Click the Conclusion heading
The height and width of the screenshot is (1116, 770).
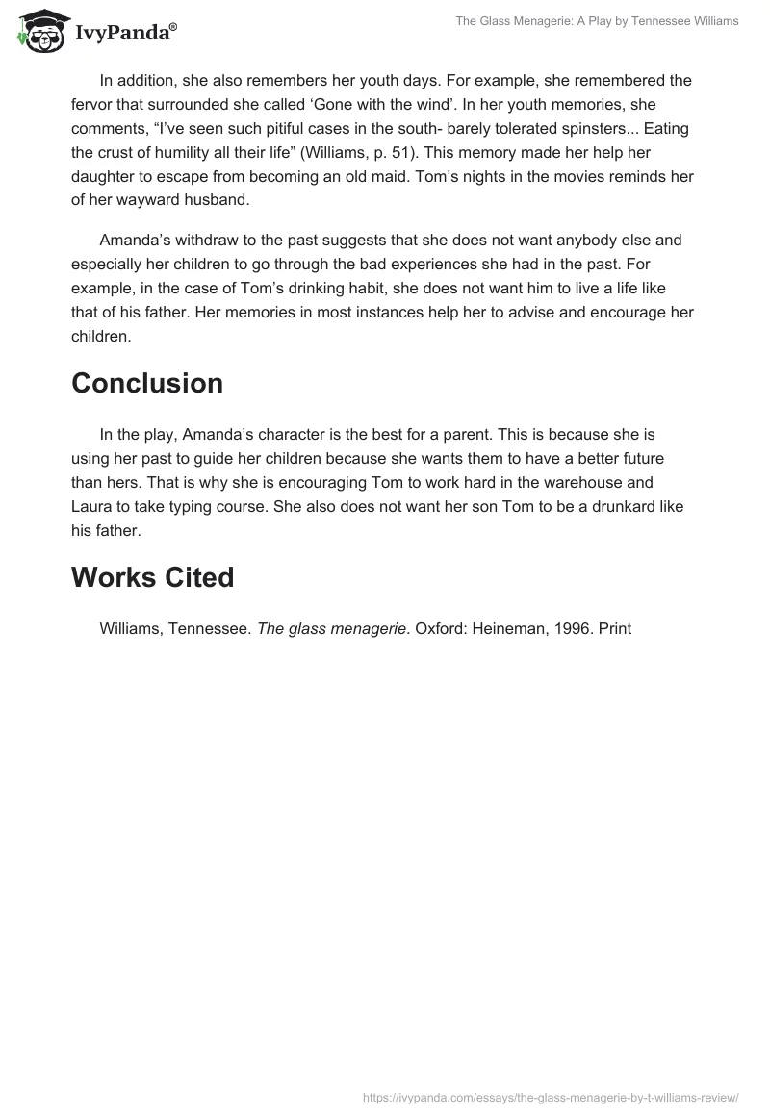pyautogui.click(x=147, y=383)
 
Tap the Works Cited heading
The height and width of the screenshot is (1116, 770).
pyautogui.click(x=152, y=577)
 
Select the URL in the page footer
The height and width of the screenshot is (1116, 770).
pyautogui.click(x=551, y=1096)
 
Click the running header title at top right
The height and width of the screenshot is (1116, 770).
pyautogui.click(x=597, y=21)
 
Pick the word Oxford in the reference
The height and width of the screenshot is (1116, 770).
pyautogui.click(x=441, y=629)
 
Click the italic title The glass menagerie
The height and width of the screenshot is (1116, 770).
pyautogui.click(x=333, y=629)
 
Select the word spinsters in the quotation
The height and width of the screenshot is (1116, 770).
pyautogui.click(x=558, y=128)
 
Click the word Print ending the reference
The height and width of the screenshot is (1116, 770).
pyautogui.click(x=614, y=629)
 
